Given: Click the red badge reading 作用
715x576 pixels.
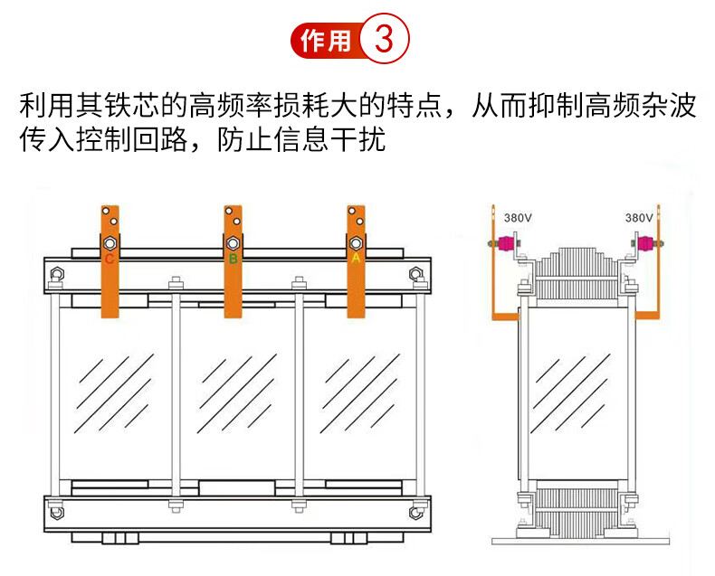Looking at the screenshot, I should coord(324,41).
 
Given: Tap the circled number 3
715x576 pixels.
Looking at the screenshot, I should coord(385,41).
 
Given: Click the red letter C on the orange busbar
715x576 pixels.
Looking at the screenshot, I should coord(110,260).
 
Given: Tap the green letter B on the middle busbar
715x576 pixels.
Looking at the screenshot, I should coord(233,260).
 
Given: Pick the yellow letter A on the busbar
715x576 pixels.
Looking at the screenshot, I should coord(356,259).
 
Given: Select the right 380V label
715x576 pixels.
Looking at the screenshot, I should coord(639,218).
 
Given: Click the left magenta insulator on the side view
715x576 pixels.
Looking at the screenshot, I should coord(508,244).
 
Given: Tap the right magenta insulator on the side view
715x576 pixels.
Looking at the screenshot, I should coord(646,244).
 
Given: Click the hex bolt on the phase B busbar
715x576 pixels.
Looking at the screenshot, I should coord(232,243).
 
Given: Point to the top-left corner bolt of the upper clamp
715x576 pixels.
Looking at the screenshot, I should coord(56,275).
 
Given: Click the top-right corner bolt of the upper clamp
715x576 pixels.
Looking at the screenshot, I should coord(415,274).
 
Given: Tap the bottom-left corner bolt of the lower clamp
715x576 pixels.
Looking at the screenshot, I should coord(56,512).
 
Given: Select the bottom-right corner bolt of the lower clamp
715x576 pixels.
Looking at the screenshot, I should coord(415,512).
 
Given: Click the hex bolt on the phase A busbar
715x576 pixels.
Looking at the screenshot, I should coord(356,243).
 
